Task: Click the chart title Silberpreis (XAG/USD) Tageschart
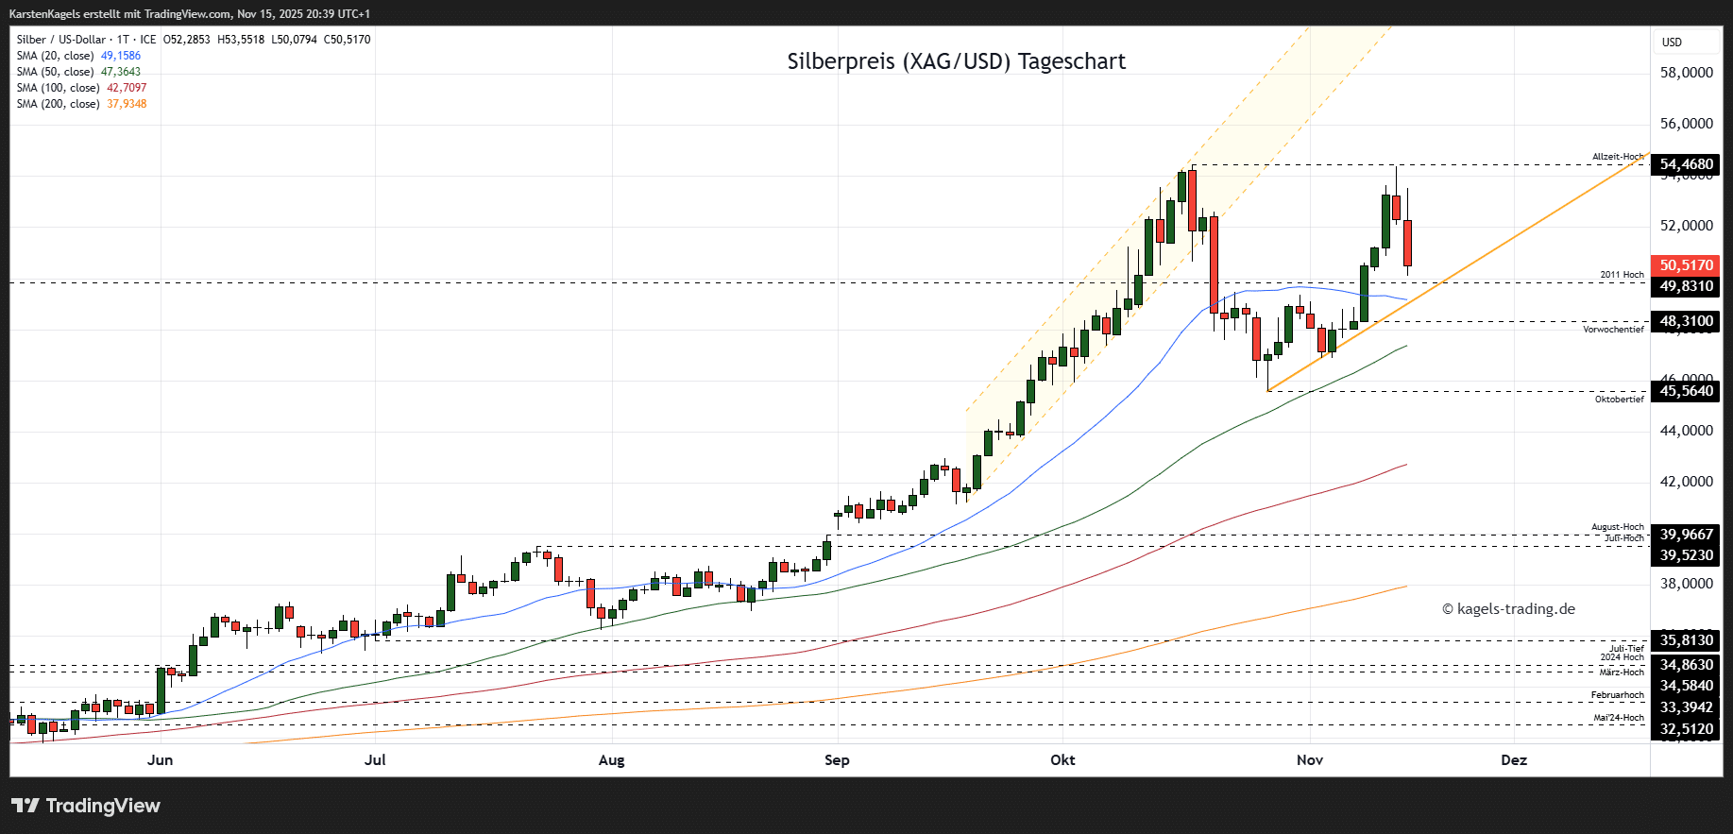(x=956, y=61)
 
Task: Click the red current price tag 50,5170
(x=1686, y=265)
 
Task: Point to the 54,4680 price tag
(x=1686, y=164)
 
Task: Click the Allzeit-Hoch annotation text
(x=1618, y=157)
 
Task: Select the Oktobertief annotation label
(x=1619, y=400)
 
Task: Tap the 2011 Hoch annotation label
(x=1622, y=275)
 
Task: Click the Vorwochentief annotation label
(x=1613, y=330)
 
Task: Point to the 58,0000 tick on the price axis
(x=1686, y=73)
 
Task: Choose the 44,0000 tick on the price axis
(x=1686, y=431)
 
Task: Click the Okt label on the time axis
(x=1062, y=760)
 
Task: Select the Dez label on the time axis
(x=1514, y=760)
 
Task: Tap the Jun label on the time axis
(x=161, y=760)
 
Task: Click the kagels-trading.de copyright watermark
(x=1508, y=609)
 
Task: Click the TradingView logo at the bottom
(x=86, y=806)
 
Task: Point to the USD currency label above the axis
(x=1672, y=43)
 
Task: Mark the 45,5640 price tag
(x=1686, y=391)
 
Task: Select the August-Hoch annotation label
(x=1617, y=527)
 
